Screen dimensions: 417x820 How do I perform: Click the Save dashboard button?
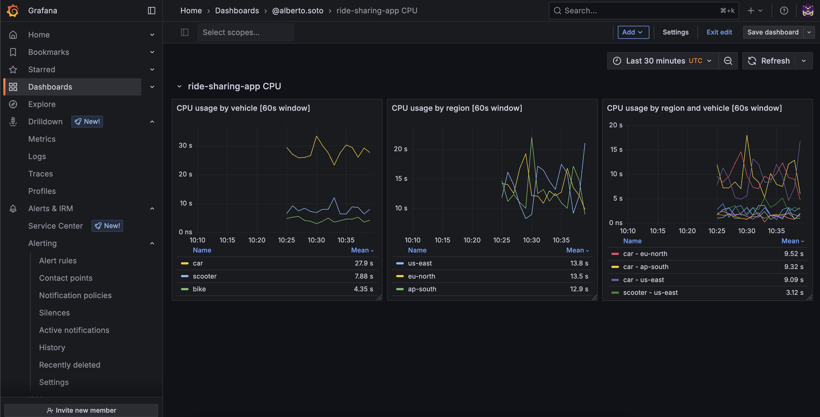pos(772,32)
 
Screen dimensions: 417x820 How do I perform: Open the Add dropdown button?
pos(633,32)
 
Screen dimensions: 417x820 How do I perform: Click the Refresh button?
pos(769,61)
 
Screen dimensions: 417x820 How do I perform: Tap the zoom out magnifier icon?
pos(728,61)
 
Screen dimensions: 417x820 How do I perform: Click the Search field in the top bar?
pos(640,11)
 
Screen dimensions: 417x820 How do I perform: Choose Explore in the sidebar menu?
pos(42,104)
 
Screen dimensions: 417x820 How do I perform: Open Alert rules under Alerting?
pos(58,261)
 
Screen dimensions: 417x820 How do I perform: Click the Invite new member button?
pos(81,410)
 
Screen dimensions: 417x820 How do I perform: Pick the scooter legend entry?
pos(204,276)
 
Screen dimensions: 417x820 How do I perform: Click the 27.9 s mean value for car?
pos(364,263)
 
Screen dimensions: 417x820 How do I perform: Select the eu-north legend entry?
pos(421,276)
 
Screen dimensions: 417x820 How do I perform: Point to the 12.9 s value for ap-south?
pos(579,289)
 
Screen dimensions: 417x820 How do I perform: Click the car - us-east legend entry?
pos(643,280)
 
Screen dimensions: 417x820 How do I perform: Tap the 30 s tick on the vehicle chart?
pos(185,145)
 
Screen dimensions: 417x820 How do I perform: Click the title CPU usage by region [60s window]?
pos(456,108)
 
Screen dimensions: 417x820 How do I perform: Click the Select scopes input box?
pos(245,32)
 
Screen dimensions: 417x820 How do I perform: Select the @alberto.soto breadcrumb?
pos(297,11)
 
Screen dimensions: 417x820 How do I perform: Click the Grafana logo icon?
pos(13,11)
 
